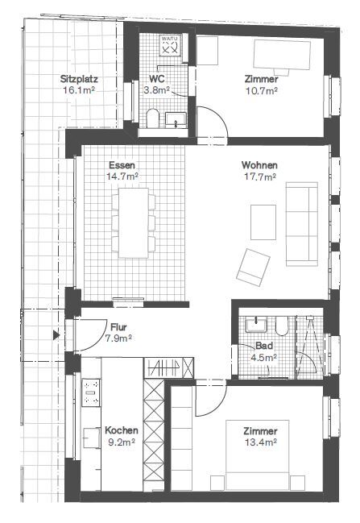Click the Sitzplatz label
tap(79, 80)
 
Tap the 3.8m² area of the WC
tap(157, 90)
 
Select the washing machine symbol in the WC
tap(170, 46)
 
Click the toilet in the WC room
tap(153, 118)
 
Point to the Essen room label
tap(122, 165)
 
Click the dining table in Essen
tap(134, 222)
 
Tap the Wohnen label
tap(259, 165)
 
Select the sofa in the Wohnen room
tap(302, 224)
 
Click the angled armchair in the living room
tap(253, 268)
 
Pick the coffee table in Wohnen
tap(263, 222)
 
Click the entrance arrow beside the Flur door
tap(56, 334)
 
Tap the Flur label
tap(118, 327)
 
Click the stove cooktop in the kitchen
tap(91, 392)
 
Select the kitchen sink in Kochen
tap(91, 438)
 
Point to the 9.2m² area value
tap(122, 442)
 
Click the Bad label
tap(264, 346)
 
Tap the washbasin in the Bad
tap(256, 325)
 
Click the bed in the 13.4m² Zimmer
tap(258, 455)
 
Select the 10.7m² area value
tap(262, 90)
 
